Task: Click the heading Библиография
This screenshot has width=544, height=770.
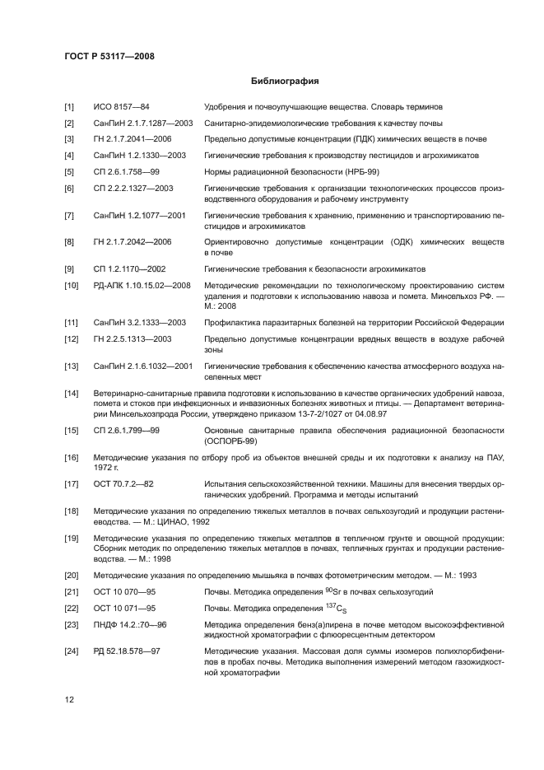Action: [x=284, y=82]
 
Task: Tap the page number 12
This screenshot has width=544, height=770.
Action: [x=70, y=700]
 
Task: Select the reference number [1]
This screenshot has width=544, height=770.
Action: [x=70, y=107]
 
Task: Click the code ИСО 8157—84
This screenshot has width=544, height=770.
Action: [x=121, y=107]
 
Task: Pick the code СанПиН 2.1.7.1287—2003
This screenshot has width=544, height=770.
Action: [x=143, y=123]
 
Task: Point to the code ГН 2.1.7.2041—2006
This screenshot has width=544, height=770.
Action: [x=133, y=138]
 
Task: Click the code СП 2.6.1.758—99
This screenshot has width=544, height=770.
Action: [x=126, y=171]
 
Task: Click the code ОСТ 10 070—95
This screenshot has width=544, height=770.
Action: [x=125, y=592]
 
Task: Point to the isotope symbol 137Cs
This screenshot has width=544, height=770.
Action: [x=355, y=609]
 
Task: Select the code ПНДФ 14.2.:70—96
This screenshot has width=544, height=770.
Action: [x=131, y=624]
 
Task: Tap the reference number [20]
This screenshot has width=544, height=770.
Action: [x=72, y=576]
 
